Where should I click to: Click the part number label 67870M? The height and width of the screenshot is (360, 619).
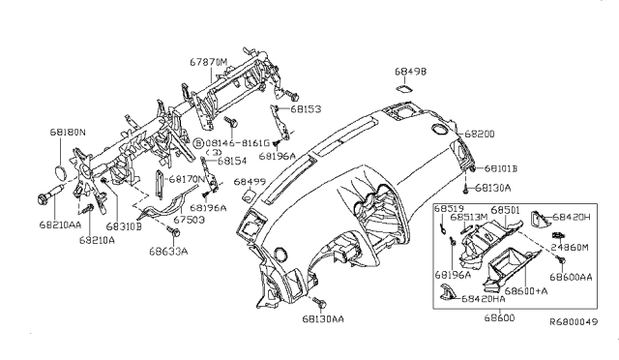click(208, 61)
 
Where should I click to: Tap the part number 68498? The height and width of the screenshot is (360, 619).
click(409, 71)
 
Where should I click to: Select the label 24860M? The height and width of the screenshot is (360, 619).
click(571, 248)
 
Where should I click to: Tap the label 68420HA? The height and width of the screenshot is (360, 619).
click(482, 299)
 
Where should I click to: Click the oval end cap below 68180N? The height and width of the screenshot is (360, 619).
click(60, 174)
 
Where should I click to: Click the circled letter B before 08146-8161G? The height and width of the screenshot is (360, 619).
click(198, 141)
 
